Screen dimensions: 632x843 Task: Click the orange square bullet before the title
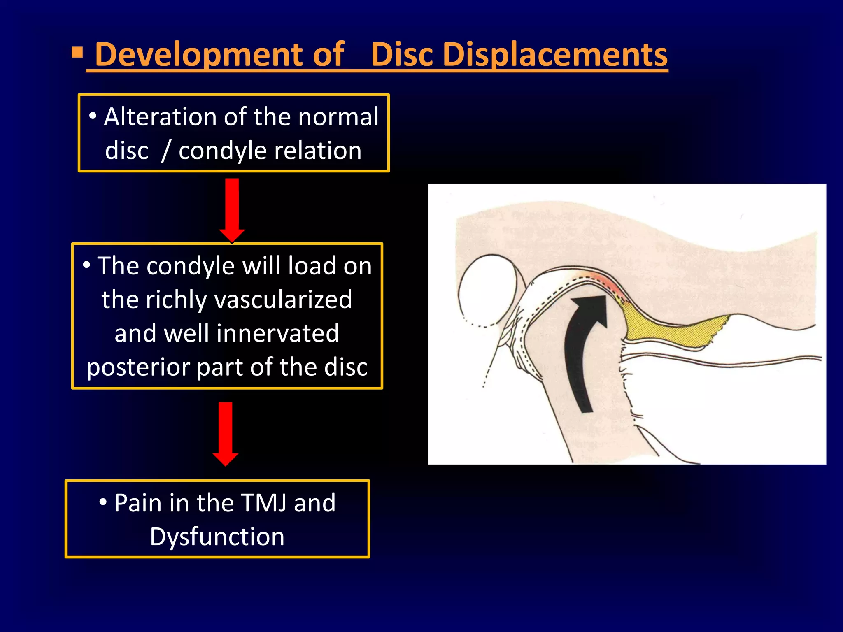pos(77,53)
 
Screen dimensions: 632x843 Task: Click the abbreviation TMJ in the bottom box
pos(263,503)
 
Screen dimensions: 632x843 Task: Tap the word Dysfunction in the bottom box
pos(217,537)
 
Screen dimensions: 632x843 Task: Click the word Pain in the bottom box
pos(138,503)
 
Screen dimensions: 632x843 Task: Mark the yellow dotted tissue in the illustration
pos(671,329)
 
